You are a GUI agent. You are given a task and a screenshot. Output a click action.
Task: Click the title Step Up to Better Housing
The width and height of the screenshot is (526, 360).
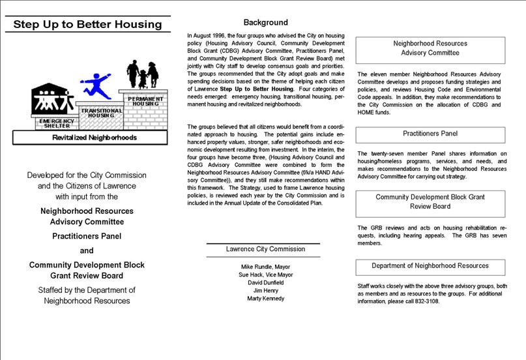tap(87, 25)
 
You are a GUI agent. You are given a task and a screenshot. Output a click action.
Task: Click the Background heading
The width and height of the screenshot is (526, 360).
tap(265, 22)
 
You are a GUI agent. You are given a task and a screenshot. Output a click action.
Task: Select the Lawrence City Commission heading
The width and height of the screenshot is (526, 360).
tap(265, 249)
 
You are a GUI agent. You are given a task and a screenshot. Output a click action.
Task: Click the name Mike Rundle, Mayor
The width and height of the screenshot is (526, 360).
tap(265, 267)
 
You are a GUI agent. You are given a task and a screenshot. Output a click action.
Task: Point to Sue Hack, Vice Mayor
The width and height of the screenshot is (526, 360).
tap(265, 275)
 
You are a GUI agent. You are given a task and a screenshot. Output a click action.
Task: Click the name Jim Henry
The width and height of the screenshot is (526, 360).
tap(265, 290)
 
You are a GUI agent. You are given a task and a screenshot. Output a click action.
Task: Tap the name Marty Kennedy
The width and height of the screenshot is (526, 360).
tap(265, 298)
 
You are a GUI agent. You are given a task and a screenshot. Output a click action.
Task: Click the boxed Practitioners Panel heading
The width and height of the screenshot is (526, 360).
tap(430, 134)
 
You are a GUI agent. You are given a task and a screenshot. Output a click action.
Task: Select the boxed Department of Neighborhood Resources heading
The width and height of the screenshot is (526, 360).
tap(430, 266)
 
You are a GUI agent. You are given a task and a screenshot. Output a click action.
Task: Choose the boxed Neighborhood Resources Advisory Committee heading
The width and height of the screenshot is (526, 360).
tap(430, 49)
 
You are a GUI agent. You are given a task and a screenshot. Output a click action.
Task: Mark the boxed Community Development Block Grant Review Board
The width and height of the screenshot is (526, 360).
tap(430, 202)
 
